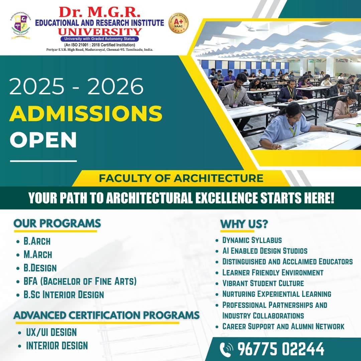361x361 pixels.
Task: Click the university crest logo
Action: pyautogui.click(x=20, y=26)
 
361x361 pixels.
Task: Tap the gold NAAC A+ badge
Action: pyautogui.click(x=178, y=23)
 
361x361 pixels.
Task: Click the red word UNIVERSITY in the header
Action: pyautogui.click(x=100, y=31)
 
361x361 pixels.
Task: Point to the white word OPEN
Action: pyautogui.click(x=43, y=140)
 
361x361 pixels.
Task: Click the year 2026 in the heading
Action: pyautogui.click(x=116, y=86)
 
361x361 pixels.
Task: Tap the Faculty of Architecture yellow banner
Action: pyautogui.click(x=181, y=178)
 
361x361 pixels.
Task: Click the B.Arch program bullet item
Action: pyautogui.click(x=37, y=241)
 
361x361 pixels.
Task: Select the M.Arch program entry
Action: pyautogui.click(x=38, y=255)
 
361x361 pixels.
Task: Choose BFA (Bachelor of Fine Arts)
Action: pyautogui.click(x=80, y=281)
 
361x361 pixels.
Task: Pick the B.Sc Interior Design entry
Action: pyautogui.click(x=64, y=295)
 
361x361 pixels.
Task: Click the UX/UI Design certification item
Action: pyautogui.click(x=51, y=332)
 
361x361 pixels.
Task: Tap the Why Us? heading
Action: pyautogui.click(x=244, y=224)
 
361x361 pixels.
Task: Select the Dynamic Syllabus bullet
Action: pyautogui.click(x=252, y=240)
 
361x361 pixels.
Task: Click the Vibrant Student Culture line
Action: pyautogui.click(x=263, y=283)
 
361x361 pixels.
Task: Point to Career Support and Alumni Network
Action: pyautogui.click(x=283, y=326)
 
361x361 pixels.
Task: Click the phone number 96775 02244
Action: pyautogui.click(x=281, y=349)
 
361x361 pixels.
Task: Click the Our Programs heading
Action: pyautogui.click(x=57, y=223)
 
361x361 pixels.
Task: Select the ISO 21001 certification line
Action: pyautogui.click(x=100, y=45)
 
